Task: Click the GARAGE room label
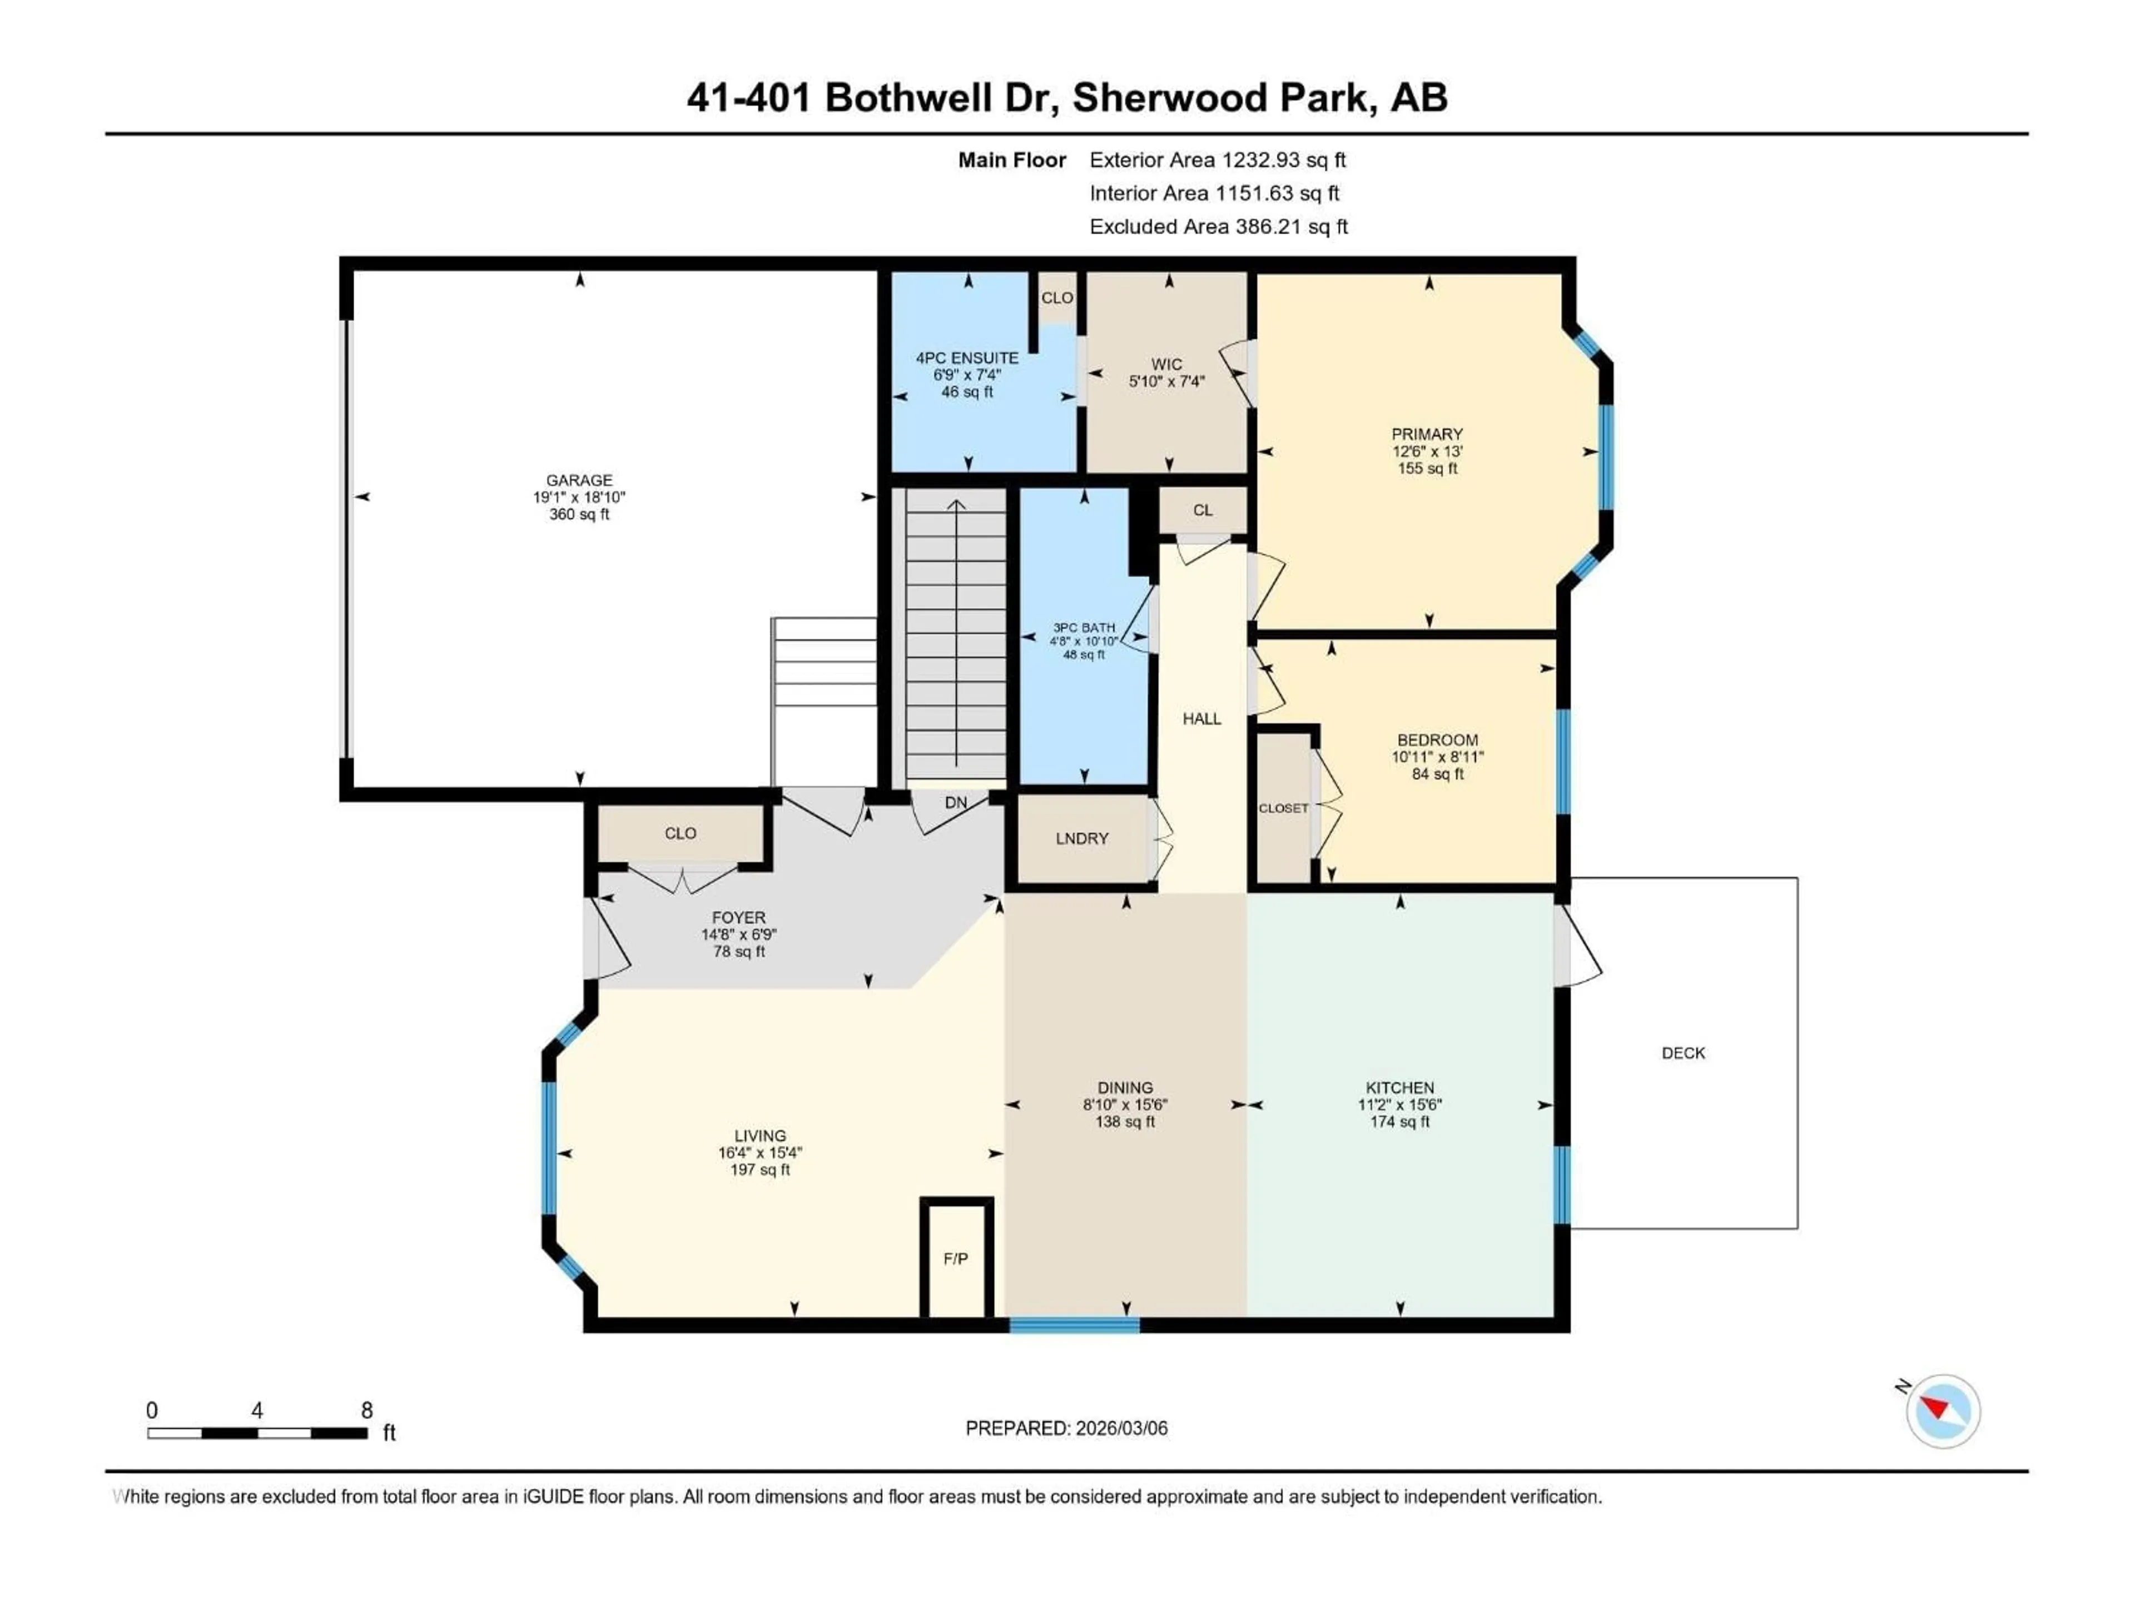click(x=579, y=480)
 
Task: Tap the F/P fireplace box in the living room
click(x=956, y=1259)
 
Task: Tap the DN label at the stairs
click(x=956, y=803)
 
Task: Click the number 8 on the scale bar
click(x=367, y=1410)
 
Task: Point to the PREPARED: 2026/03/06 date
click(x=1066, y=1428)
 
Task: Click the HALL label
click(x=1201, y=719)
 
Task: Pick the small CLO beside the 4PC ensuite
click(x=1057, y=298)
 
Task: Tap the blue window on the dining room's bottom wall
click(x=1074, y=1325)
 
